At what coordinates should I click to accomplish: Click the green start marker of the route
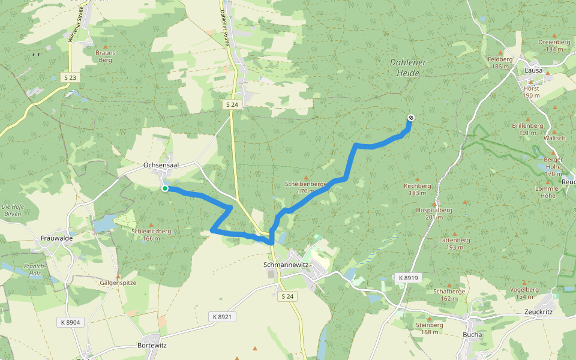165,188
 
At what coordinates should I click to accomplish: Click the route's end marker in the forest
410,118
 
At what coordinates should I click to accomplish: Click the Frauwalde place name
57,238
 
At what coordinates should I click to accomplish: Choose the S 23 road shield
70,77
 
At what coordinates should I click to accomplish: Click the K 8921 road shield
221,316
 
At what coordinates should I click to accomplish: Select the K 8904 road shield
70,322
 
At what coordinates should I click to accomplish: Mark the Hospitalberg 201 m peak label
434,214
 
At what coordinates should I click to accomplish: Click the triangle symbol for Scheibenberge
306,178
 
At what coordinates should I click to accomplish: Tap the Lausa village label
533,70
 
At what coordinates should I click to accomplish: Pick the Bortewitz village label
152,346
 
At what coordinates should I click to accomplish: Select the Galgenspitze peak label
118,282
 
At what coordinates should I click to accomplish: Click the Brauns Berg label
106,56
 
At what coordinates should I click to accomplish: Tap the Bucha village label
473,335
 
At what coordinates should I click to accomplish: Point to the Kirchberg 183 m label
418,190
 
